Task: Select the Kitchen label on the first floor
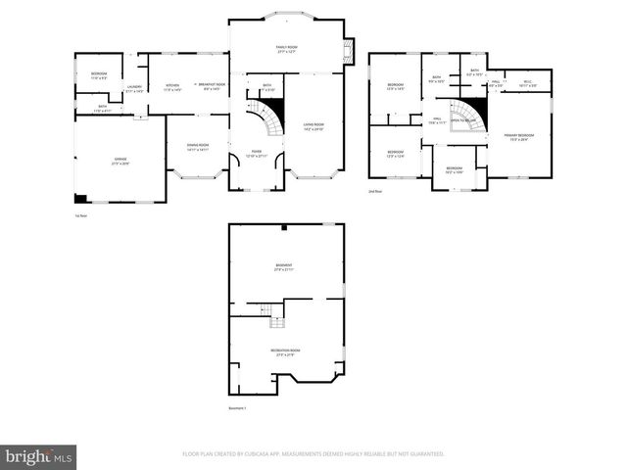point(172,86)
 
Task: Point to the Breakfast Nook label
point(213,86)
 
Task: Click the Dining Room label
point(200,146)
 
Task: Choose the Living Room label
point(313,125)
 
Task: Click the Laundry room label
point(135,88)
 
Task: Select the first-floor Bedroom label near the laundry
point(99,74)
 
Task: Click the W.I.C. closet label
point(526,83)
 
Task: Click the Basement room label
point(285,267)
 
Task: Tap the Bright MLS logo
point(39,455)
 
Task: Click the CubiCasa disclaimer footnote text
point(313,454)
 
